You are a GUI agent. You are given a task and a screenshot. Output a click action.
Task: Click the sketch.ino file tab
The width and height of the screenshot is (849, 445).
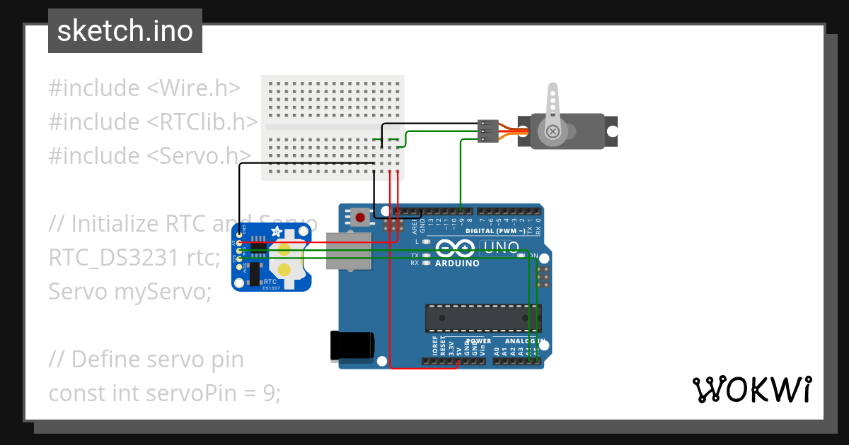click(x=125, y=31)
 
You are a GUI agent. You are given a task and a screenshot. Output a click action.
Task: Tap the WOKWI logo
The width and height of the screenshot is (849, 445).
click(x=751, y=389)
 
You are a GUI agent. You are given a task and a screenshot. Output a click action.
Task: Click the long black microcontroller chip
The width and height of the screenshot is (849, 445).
click(x=483, y=318)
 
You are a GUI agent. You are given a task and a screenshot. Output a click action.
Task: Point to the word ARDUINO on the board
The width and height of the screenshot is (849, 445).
click(x=457, y=263)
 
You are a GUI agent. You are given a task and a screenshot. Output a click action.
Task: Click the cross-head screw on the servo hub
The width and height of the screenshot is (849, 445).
click(x=552, y=131)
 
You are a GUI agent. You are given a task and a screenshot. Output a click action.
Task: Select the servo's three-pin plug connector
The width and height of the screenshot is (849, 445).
click(x=487, y=131)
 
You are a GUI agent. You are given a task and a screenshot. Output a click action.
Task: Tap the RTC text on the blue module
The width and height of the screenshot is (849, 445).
click(x=270, y=281)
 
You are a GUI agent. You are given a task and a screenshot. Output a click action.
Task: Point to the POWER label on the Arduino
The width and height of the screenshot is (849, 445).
click(x=478, y=341)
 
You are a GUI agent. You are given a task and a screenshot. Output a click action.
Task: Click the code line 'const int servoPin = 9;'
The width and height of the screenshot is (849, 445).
click(x=164, y=392)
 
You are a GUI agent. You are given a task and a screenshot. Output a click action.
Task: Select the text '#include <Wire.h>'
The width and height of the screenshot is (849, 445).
click(x=144, y=88)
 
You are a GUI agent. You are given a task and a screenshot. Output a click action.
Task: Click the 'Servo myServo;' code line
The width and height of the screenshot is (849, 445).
click(x=129, y=290)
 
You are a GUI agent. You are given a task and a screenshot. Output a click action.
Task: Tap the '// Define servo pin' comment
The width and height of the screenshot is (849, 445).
click(x=146, y=359)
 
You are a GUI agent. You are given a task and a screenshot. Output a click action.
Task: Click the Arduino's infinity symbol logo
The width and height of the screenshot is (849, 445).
click(x=456, y=248)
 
